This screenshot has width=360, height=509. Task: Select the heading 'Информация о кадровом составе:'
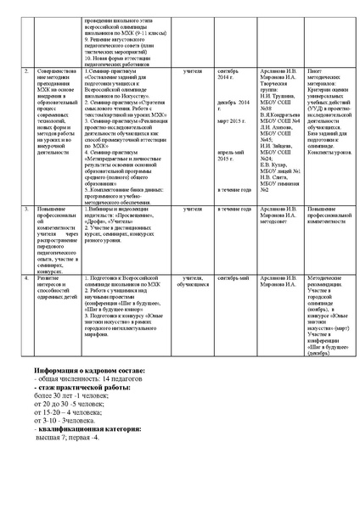[x=90, y=348]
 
